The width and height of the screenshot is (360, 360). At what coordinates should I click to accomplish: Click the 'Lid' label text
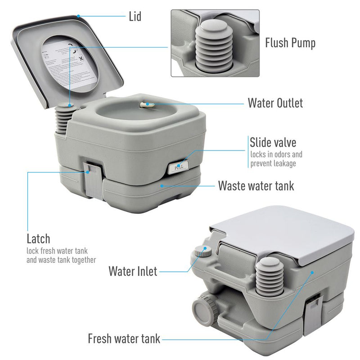135,17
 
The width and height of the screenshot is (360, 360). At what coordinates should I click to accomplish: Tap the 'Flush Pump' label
290,43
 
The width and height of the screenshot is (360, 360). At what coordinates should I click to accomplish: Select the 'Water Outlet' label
275,103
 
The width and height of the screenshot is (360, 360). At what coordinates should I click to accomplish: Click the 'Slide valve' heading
273,143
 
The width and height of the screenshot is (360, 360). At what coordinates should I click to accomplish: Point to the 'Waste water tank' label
256,185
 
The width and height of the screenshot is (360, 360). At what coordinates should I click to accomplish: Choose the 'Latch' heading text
39,238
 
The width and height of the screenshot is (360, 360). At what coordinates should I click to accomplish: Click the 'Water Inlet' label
133,271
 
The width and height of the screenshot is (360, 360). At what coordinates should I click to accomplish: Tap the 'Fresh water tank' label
124,338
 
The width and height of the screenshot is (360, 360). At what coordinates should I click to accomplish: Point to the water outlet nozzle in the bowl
147,104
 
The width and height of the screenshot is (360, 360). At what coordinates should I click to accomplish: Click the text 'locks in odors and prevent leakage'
276,159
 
